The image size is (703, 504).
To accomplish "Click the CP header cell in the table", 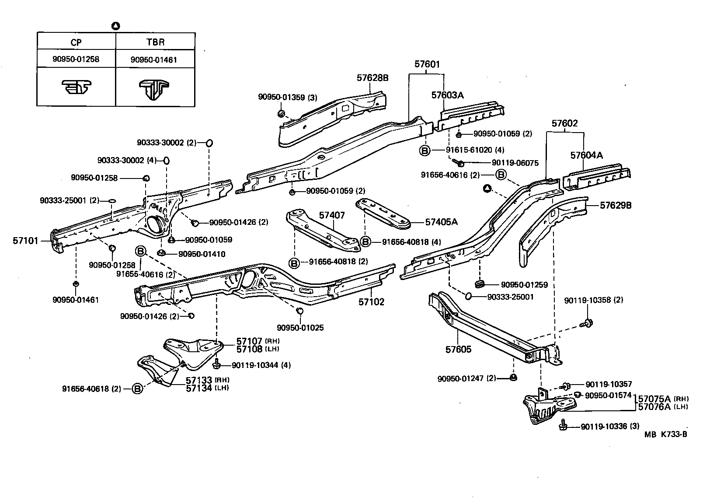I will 76,42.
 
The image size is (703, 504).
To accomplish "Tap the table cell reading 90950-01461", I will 154,59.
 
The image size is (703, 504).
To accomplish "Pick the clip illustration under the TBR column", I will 154,88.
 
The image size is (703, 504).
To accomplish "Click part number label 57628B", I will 372,78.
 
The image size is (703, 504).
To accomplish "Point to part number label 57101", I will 25,241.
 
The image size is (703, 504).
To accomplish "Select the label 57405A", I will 441,222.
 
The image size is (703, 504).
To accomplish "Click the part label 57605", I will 459,350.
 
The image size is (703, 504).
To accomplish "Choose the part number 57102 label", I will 371,302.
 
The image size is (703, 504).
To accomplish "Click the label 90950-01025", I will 300,328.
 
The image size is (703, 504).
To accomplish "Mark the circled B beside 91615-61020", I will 425,150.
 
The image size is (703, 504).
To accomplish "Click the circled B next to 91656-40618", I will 137,388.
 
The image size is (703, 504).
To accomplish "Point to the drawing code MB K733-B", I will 665,434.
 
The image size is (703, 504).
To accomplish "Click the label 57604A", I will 586,155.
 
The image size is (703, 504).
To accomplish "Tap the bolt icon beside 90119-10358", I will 587,323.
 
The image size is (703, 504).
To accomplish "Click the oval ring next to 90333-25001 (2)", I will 112,201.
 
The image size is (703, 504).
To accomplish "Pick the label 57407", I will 331,215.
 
